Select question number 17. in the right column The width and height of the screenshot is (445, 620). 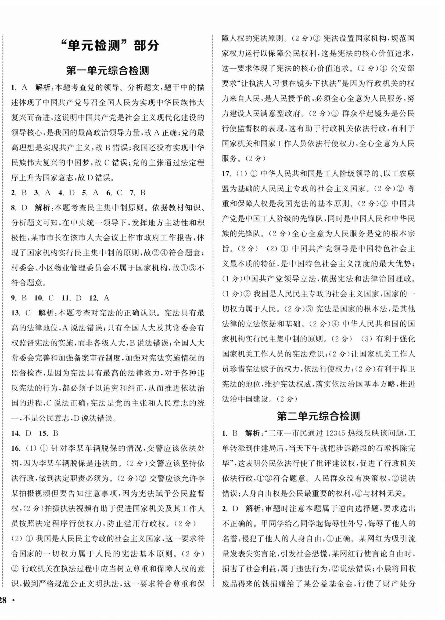click(x=227, y=173)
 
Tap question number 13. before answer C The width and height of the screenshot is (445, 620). click(x=16, y=313)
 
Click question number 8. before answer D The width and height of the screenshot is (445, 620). click(x=14, y=208)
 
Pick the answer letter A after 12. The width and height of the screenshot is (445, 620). click(x=107, y=298)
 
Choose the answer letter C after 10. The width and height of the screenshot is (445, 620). click(x=51, y=298)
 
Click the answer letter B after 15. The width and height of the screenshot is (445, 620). click(x=56, y=433)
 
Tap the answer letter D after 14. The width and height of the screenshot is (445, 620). click(x=28, y=433)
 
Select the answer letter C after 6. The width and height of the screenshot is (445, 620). click(x=119, y=193)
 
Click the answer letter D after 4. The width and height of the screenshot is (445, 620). click(x=72, y=193)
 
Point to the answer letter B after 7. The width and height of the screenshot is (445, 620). click(x=143, y=193)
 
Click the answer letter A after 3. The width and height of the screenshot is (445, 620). click(x=48, y=193)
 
